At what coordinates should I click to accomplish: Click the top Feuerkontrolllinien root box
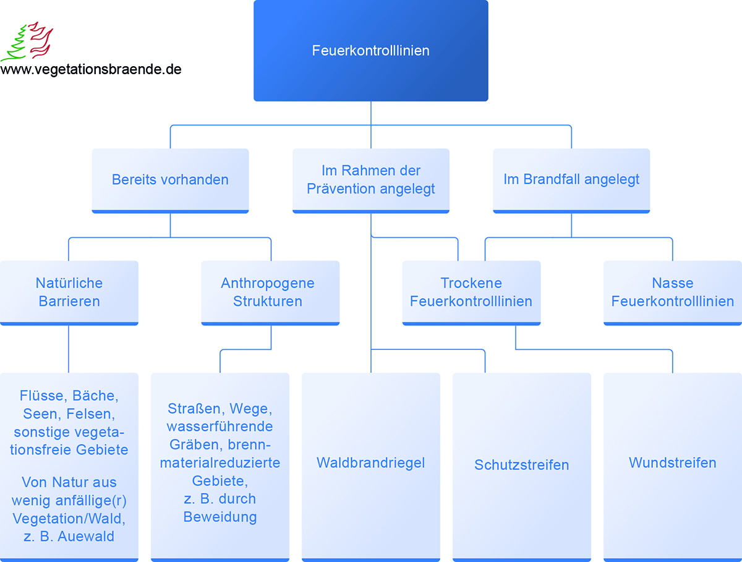371,51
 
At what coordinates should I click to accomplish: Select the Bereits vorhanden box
171,181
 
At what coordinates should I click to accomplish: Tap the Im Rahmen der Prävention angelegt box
371,181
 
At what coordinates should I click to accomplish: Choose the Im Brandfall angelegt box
571,181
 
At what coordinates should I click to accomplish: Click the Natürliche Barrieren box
69,293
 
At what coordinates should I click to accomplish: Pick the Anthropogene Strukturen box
270,293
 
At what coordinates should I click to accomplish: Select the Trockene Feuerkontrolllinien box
471,293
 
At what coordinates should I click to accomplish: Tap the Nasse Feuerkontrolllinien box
673,293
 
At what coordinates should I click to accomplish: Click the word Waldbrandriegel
370,463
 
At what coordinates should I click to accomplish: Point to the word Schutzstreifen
522,465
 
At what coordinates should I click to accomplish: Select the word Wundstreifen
672,462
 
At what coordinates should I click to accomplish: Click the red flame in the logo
41,39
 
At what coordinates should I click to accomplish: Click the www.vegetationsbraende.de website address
91,69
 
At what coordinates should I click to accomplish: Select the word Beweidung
220,517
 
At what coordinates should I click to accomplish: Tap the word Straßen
197,409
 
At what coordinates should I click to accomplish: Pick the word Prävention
341,189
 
